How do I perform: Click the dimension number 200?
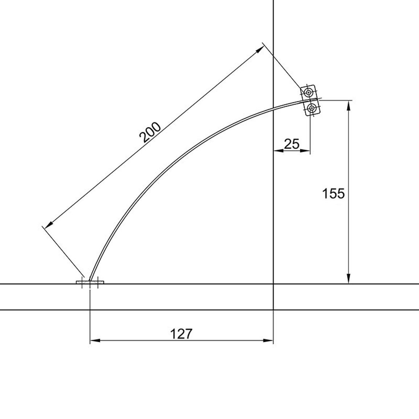tap(150, 132)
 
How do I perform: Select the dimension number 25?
tap(291, 144)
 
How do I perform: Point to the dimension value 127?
tap(181, 334)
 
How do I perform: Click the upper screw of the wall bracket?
tap(309, 92)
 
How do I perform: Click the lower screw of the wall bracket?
tap(312, 108)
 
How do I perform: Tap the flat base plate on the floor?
tap(90, 282)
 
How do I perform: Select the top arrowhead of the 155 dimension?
tap(348, 105)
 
